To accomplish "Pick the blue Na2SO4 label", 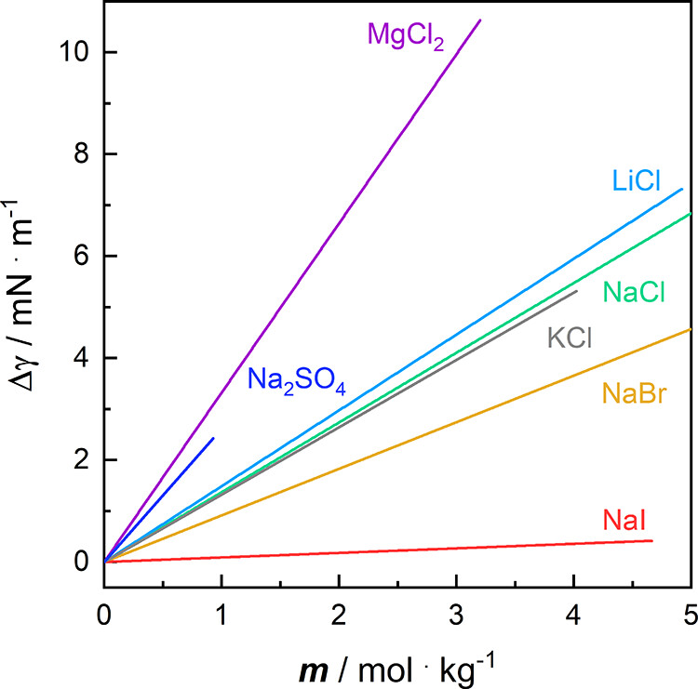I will tap(297, 382).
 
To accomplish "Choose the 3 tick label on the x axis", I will tap(456, 590).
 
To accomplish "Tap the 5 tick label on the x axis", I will tap(690, 590).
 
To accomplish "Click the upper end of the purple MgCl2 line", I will tap(480, 20).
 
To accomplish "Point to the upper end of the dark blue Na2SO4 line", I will tap(213, 438).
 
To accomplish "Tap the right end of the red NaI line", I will tap(651, 540).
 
